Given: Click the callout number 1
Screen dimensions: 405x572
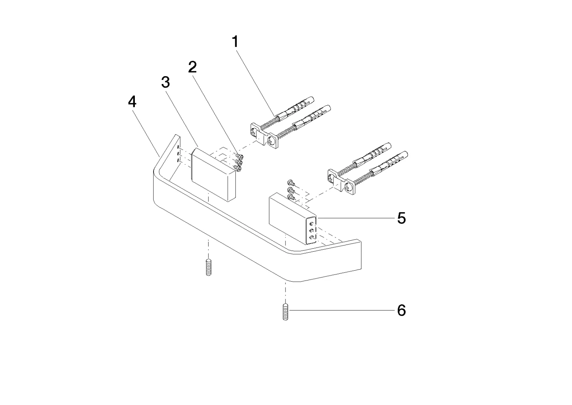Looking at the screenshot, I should point(235,42).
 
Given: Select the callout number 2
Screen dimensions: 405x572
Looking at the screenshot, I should point(192,67).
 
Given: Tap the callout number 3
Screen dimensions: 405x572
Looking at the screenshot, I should point(166,82).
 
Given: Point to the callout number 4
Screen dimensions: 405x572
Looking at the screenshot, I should point(132,102).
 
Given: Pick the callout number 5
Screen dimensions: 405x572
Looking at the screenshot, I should point(401,218).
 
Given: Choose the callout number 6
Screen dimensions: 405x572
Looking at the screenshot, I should point(401,310).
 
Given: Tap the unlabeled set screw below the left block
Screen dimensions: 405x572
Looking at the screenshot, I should point(209,267).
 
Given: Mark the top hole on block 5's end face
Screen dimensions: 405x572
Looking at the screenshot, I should point(312,224).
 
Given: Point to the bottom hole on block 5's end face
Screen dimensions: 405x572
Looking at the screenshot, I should point(312,237).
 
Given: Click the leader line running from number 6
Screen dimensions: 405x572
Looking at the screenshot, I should point(341,310).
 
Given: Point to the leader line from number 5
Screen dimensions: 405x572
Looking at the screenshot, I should point(356,218).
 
